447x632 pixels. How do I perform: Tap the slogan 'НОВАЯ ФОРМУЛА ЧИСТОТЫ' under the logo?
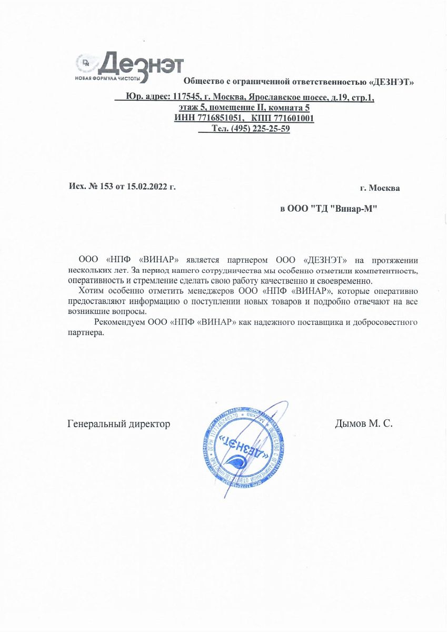click(x=108, y=78)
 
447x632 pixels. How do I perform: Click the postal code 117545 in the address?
click(x=188, y=97)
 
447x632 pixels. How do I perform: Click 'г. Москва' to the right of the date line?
click(x=380, y=188)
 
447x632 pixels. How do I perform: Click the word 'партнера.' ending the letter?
click(x=86, y=332)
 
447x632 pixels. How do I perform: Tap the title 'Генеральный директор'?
click(x=119, y=423)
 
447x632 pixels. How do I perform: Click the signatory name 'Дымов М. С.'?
click(x=364, y=423)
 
